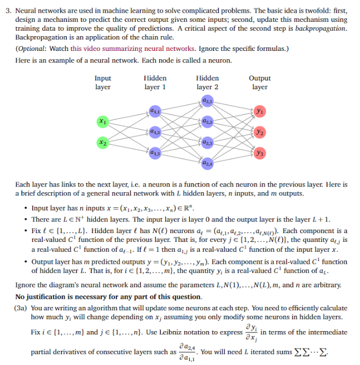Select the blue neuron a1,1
154,111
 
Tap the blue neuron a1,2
154,131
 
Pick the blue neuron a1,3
154,152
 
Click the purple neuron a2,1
207,100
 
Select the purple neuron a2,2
207,121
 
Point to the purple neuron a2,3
207,142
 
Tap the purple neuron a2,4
207,163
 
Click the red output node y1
259,111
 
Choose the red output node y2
259,131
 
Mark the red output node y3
259,152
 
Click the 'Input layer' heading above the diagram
103,83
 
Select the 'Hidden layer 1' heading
155,83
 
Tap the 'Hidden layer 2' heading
207,83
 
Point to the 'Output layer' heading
259,83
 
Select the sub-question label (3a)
22,308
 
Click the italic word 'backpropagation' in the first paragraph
320,28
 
